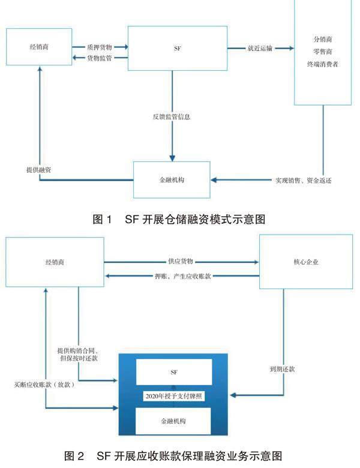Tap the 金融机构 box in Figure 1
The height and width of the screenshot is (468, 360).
point(171,179)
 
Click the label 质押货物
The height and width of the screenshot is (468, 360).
point(100,46)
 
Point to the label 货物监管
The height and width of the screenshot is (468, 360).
point(100,58)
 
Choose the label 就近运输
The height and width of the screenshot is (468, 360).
point(260,47)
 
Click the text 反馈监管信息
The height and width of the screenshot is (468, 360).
point(172,116)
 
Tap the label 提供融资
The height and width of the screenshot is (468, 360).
point(38,170)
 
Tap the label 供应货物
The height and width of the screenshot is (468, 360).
point(180,262)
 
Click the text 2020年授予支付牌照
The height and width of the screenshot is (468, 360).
point(174,397)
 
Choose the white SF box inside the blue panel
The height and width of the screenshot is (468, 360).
point(174,373)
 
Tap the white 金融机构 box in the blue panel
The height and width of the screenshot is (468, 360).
point(174,421)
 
